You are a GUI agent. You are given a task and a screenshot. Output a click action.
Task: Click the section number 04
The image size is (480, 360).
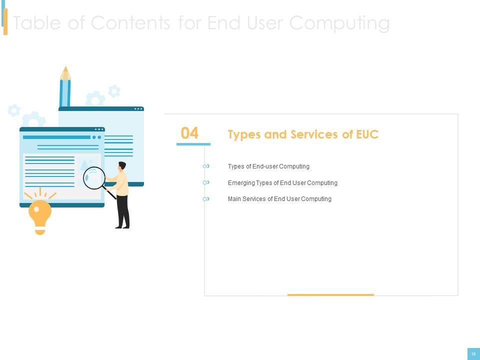pyautogui.click(x=189, y=133)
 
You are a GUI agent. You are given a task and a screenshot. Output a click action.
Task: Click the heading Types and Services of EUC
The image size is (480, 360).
pyautogui.click(x=303, y=134)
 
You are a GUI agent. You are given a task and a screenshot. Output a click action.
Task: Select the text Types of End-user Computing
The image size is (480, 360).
pyautogui.click(x=268, y=166)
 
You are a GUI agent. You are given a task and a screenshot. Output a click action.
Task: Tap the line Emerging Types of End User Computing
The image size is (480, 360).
pyautogui.click(x=282, y=183)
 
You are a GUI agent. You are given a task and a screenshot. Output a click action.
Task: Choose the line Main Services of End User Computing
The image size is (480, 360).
pyautogui.click(x=279, y=199)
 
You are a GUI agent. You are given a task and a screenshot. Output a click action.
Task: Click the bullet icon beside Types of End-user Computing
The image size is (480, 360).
pyautogui.click(x=206, y=166)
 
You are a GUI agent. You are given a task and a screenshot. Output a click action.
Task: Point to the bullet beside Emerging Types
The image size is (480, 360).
pyautogui.click(x=206, y=183)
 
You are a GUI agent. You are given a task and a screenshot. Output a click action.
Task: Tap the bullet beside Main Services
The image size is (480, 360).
pyautogui.click(x=206, y=199)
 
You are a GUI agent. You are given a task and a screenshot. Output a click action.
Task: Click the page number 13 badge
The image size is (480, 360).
pyautogui.click(x=473, y=354)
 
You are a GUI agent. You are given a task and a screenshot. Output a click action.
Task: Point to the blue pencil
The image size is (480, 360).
pyautogui.click(x=65, y=87)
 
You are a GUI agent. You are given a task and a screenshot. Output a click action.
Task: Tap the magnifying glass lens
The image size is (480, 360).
pyautogui.click(x=94, y=178)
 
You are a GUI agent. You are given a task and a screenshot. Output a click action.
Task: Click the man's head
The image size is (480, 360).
pyautogui.click(x=122, y=165)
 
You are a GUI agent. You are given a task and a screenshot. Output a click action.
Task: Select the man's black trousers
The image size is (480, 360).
pyautogui.click(x=123, y=210)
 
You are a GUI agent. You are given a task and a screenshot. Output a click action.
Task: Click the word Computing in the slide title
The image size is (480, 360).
pyautogui.click(x=339, y=23)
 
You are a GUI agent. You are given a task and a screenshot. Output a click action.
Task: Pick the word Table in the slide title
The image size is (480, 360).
pyautogui.click(x=37, y=23)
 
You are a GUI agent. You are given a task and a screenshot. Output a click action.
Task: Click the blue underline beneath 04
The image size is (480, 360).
pyautogui.click(x=193, y=144)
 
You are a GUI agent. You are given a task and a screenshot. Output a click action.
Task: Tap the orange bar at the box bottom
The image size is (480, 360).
pyautogui.click(x=330, y=295)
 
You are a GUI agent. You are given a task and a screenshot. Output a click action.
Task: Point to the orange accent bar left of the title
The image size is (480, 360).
pyautogui.click(x=5, y=22)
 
